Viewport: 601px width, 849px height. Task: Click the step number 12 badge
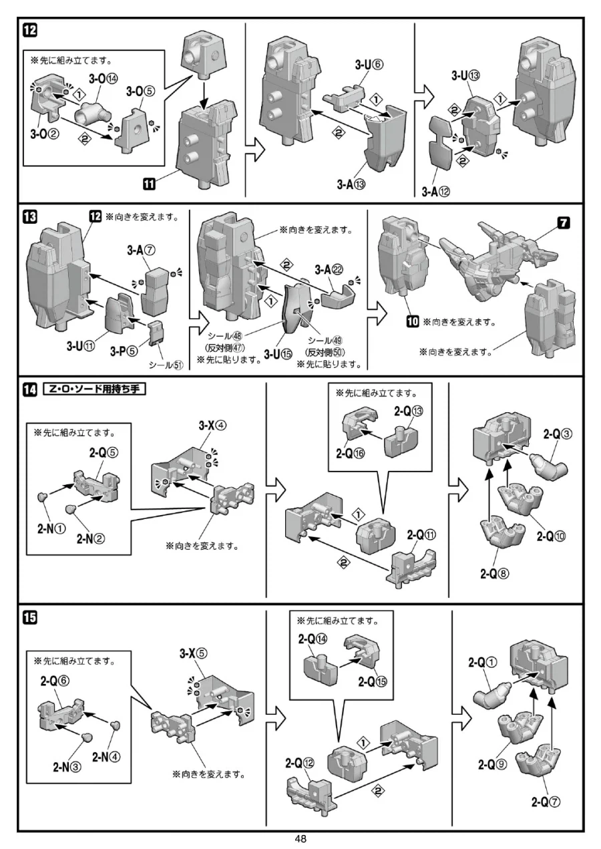(x=30, y=31)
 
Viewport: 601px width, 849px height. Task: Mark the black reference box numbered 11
(x=150, y=180)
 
